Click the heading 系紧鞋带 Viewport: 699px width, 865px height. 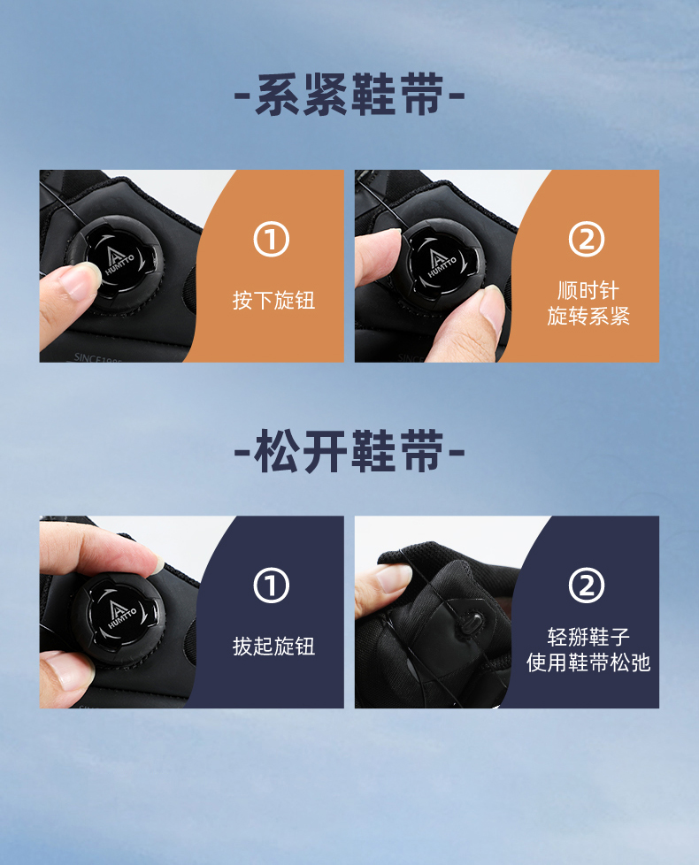[x=349, y=95]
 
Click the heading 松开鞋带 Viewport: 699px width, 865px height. [x=349, y=451]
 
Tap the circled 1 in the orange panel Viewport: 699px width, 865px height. [x=272, y=240]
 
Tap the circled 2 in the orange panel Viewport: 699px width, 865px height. [x=587, y=240]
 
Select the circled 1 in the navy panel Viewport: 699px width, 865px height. [x=272, y=586]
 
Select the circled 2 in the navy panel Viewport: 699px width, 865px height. [x=587, y=586]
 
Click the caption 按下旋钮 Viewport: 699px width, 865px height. [x=273, y=301]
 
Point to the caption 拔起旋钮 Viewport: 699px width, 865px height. [x=273, y=646]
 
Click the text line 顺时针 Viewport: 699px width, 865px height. [x=588, y=290]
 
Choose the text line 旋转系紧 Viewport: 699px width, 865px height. [x=588, y=316]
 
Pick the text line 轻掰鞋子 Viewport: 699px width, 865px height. [x=588, y=637]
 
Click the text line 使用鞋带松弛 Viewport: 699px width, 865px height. [x=588, y=662]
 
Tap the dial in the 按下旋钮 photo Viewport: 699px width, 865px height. [x=115, y=264]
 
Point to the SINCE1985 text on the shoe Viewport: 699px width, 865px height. [x=98, y=358]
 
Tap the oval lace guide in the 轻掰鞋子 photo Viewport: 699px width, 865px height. [x=472, y=622]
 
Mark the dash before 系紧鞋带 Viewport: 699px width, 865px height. [x=242, y=96]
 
